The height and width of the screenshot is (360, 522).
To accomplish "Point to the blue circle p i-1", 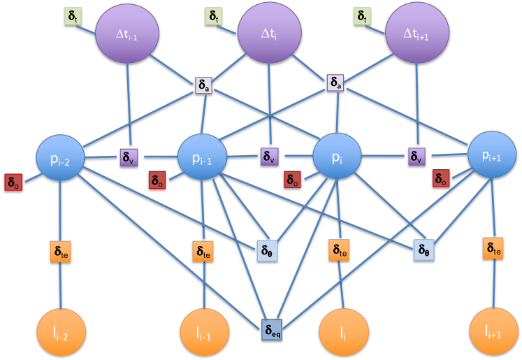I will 203,159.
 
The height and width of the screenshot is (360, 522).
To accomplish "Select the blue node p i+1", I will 493,156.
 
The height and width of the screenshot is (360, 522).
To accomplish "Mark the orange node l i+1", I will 495,332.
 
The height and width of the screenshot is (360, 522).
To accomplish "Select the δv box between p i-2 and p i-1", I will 130,157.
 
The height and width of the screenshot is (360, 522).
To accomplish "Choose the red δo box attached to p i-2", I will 14,182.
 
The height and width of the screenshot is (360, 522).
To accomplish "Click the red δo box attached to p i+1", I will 441,178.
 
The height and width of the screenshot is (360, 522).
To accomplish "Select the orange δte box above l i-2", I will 60,250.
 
